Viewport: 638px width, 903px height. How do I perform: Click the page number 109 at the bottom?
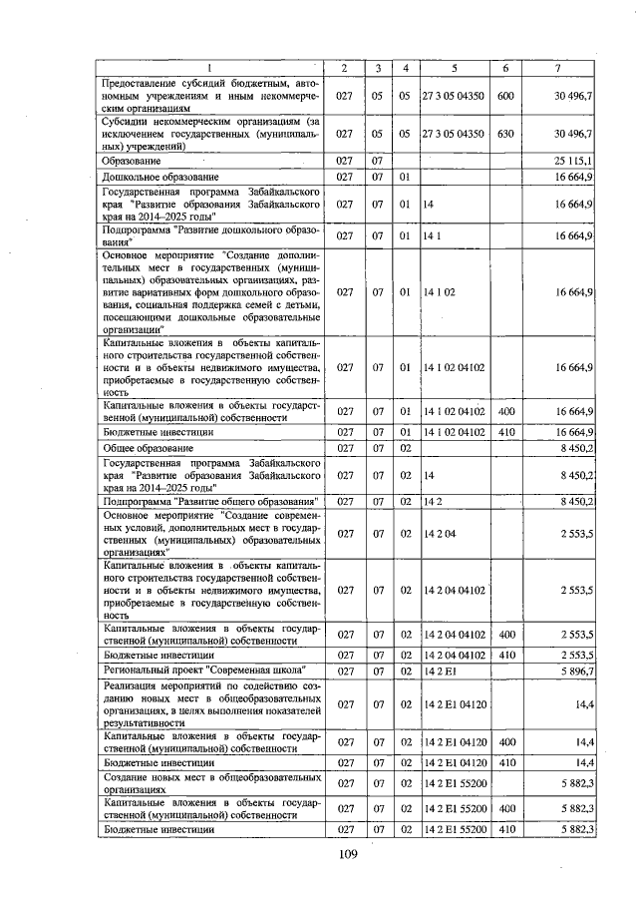347,853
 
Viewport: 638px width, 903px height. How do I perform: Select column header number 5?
454,68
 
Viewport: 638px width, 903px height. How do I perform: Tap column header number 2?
344,68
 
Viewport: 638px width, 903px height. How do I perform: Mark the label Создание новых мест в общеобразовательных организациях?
211,781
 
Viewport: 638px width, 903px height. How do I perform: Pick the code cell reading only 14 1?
431,235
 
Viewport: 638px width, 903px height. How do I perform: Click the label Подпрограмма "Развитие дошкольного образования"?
211,235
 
